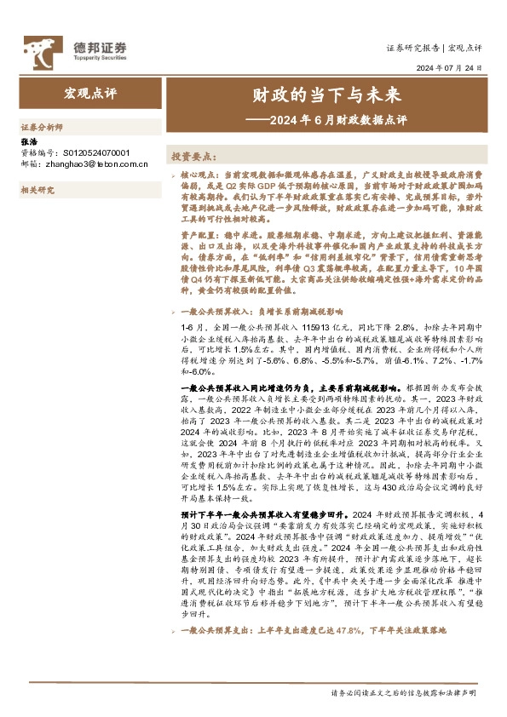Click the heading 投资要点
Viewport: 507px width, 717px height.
coord(194,157)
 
